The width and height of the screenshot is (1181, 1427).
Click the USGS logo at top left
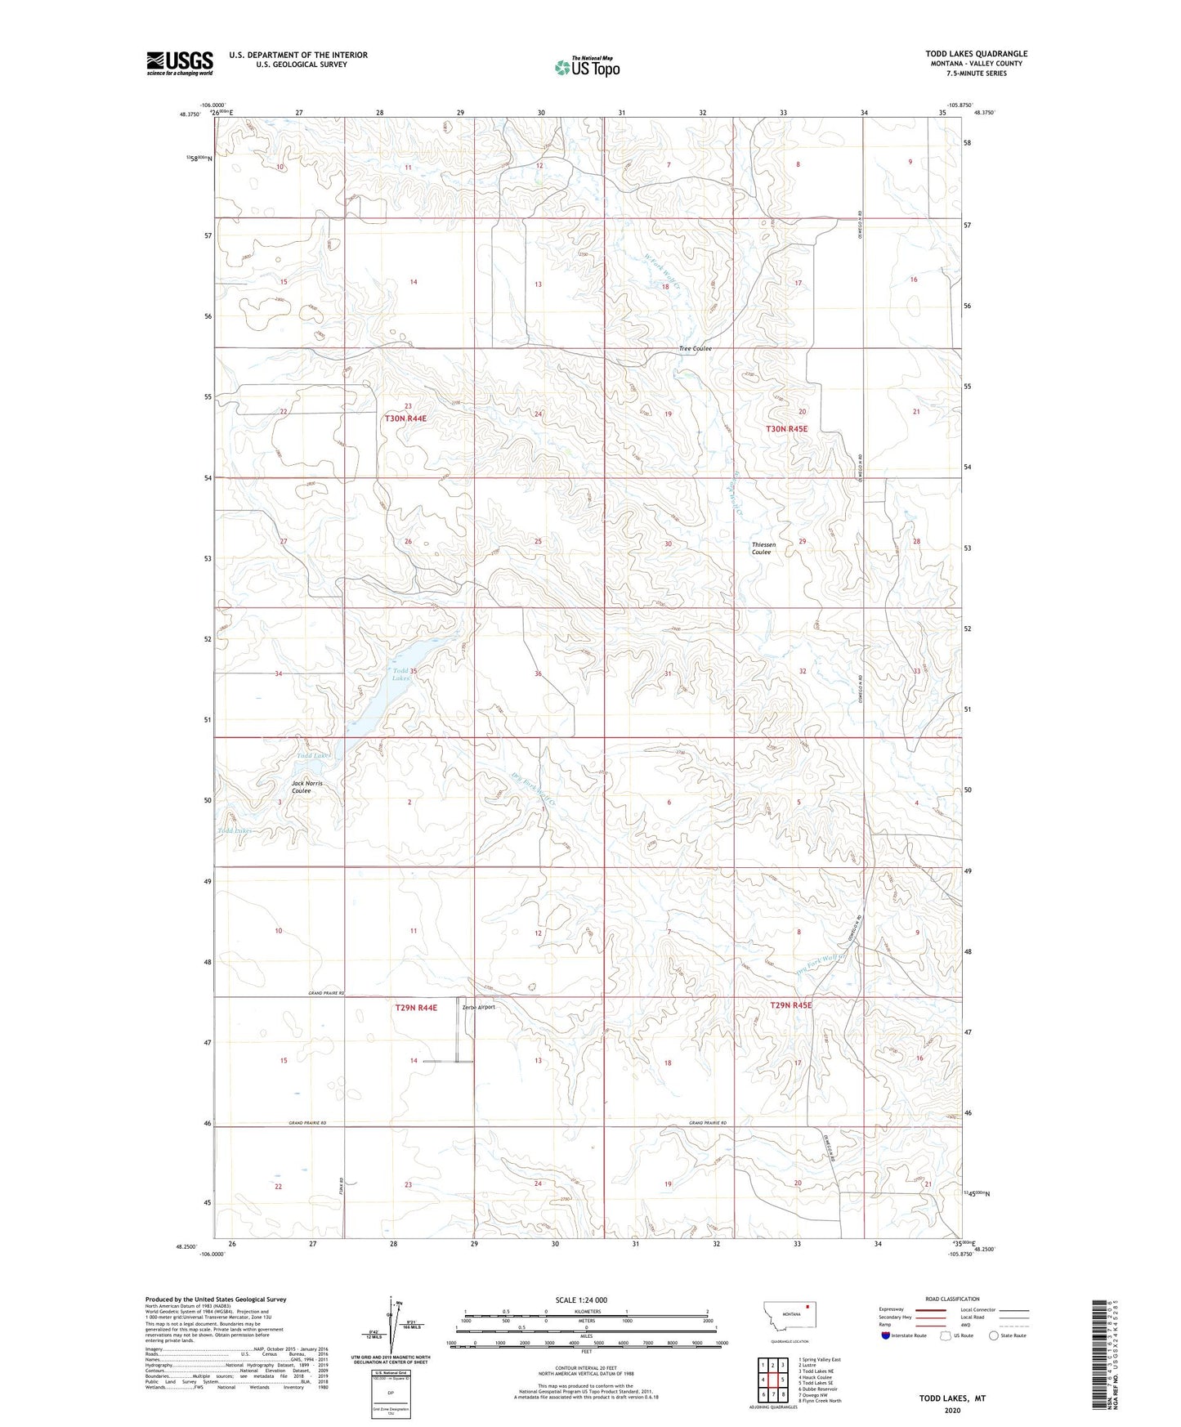[x=179, y=63]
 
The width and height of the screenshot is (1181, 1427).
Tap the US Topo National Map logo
[x=586, y=66]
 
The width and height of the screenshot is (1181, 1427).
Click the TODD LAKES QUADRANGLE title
[x=976, y=54]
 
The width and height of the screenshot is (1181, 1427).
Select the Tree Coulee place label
[x=695, y=349]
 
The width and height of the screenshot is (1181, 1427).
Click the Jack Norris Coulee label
[x=306, y=787]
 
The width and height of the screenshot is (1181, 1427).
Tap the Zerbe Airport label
[x=479, y=1007]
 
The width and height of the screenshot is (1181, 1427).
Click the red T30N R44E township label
[x=405, y=418]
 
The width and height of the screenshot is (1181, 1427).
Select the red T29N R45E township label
[x=790, y=1005]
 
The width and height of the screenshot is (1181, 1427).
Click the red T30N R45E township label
[x=786, y=429]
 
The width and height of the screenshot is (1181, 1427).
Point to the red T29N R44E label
[x=416, y=1008]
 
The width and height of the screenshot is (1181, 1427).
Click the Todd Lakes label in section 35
[x=400, y=674]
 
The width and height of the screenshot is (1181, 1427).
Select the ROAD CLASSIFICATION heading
[x=952, y=1299]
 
